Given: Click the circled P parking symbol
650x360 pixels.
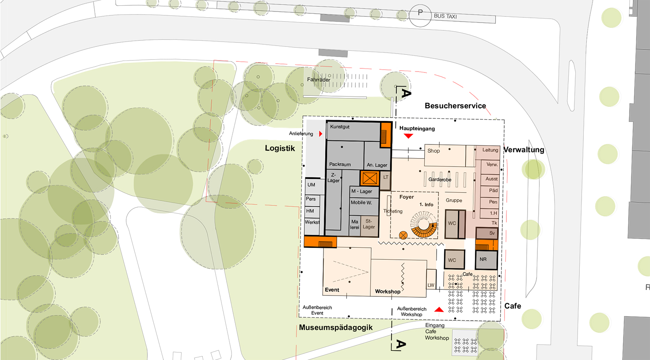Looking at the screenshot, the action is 420,15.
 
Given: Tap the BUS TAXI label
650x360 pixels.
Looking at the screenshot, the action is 445,16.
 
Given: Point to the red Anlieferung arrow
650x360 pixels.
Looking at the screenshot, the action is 321,134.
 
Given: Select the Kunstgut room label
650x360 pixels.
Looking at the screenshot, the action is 340,127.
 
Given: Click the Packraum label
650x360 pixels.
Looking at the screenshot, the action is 340,164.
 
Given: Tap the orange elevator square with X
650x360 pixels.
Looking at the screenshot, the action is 370,178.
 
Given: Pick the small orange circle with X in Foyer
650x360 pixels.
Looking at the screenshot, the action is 403,235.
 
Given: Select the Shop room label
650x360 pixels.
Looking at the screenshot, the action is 433,151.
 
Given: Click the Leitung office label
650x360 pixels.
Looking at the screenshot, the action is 490,150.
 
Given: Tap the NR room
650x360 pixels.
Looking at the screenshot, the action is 487,260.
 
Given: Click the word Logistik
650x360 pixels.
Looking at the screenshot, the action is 280,148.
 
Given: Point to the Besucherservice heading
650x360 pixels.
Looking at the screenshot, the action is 455,106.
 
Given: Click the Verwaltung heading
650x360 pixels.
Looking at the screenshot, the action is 524,150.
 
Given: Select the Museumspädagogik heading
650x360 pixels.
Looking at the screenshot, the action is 336,327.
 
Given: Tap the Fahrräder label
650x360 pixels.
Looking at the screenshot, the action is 319,80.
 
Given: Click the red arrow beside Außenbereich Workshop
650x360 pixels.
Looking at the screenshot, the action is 439,310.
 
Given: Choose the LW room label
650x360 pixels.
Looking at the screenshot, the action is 431,285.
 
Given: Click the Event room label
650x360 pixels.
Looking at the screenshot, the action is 332,290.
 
